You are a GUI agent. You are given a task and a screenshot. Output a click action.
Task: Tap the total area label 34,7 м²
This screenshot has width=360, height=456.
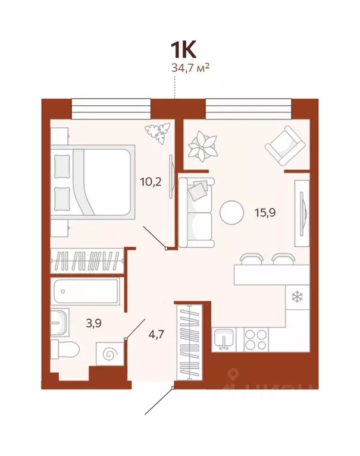[x=190, y=68]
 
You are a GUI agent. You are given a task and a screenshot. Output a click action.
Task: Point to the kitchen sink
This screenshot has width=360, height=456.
[x=225, y=339]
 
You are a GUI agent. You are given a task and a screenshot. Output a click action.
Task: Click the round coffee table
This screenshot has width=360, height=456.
[x=231, y=212]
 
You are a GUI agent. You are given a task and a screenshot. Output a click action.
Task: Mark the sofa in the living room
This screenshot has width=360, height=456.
[x=196, y=213]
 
